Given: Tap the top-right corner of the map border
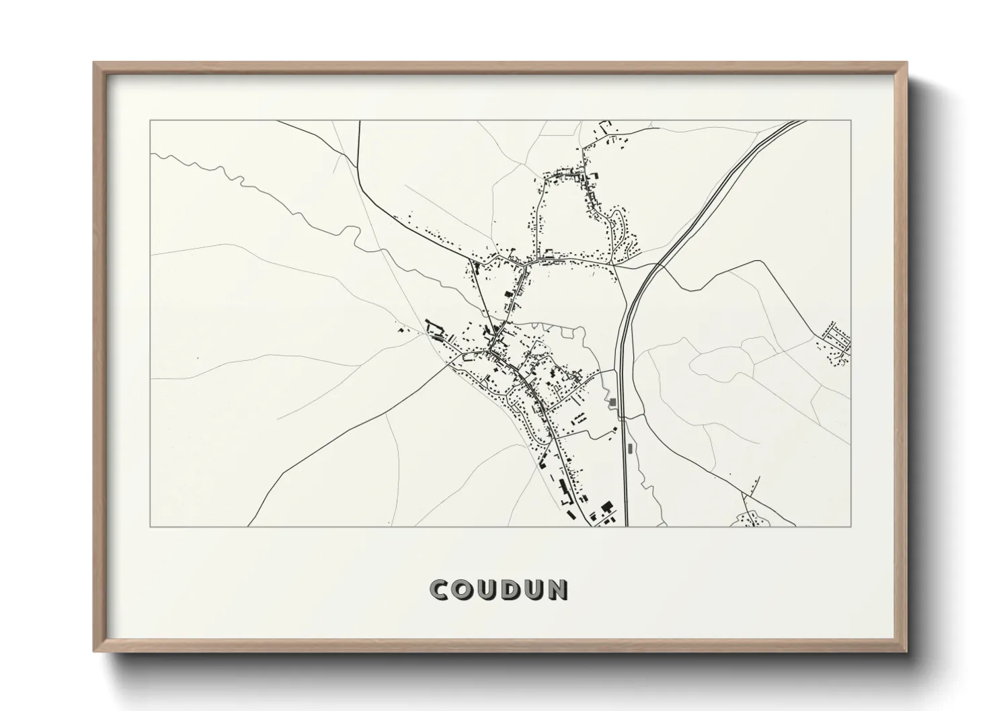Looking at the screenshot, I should (x=850, y=120).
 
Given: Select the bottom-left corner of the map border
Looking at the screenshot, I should (x=151, y=526).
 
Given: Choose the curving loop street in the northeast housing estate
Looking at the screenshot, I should (x=622, y=235).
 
